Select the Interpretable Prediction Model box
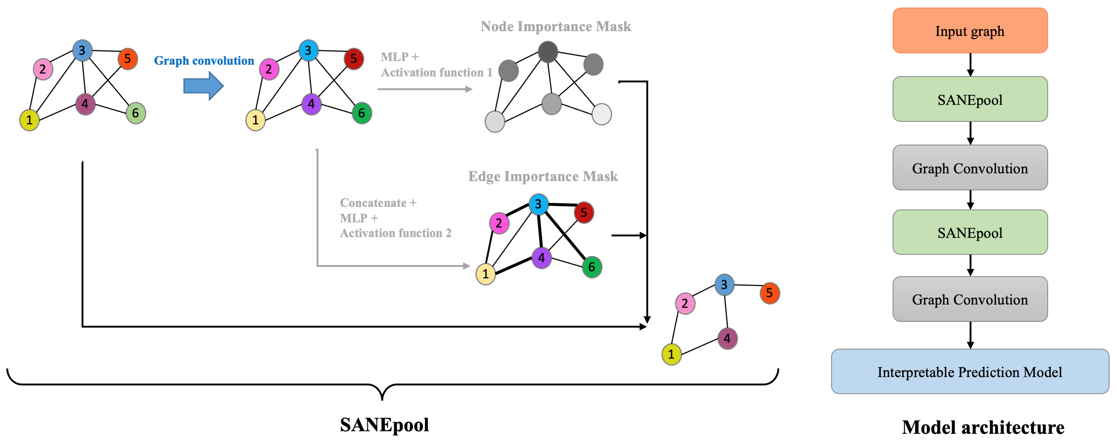[x=970, y=371]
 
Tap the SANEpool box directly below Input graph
[x=970, y=99]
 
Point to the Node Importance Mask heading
[x=555, y=26]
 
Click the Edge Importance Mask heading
[x=543, y=176]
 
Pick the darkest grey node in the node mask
[x=548, y=52]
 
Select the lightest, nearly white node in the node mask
[x=601, y=114]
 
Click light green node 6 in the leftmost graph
[x=135, y=113]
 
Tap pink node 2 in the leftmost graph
[x=43, y=69]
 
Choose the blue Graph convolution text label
[x=204, y=60]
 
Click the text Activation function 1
[x=436, y=72]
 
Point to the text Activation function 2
[x=395, y=233]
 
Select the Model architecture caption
[x=983, y=427]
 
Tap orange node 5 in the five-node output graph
[x=769, y=293]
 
